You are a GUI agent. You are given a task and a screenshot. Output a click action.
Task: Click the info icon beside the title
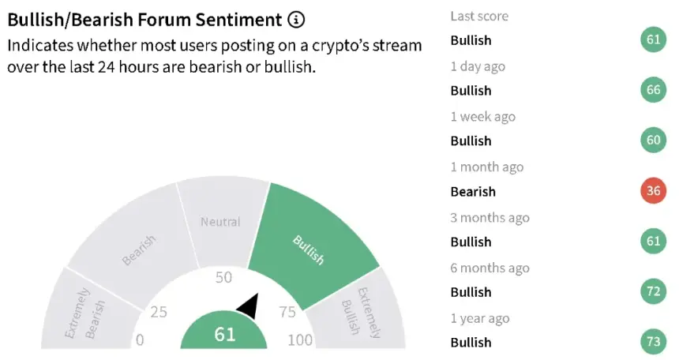(296, 20)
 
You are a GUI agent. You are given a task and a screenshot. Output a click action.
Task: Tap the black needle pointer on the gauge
(249, 306)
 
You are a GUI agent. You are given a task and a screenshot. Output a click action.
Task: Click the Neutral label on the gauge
(220, 222)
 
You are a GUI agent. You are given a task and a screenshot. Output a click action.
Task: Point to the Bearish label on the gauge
(138, 250)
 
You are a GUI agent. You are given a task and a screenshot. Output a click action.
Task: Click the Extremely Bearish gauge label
(85, 313)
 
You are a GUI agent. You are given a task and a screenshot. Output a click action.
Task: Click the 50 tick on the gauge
(223, 277)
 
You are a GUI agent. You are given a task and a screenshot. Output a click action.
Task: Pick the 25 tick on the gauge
(159, 312)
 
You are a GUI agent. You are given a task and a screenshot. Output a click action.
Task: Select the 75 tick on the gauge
(287, 312)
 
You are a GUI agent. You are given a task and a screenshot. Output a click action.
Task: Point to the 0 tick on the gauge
(140, 340)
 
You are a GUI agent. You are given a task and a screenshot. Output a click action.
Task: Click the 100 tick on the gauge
(300, 340)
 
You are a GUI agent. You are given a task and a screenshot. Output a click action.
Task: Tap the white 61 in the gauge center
(225, 335)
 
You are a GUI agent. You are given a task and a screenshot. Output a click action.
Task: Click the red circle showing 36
(654, 190)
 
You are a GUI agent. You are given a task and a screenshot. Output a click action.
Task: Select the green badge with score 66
(654, 90)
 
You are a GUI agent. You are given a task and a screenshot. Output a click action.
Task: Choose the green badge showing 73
(654, 342)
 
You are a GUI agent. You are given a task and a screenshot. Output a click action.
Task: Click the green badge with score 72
(654, 291)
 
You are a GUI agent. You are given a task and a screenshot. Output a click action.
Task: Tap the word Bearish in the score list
(473, 192)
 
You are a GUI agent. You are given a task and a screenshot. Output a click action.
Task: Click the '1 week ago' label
(483, 117)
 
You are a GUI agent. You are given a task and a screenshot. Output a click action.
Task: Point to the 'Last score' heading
(479, 16)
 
